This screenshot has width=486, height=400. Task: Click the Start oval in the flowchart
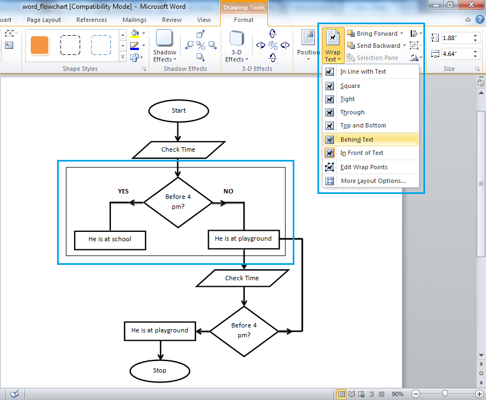point(178,110)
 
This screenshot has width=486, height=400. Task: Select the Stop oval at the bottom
point(159,370)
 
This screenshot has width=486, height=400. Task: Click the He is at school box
point(110,239)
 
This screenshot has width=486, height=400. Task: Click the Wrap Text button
point(333,46)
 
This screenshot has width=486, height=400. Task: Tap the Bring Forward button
point(376,34)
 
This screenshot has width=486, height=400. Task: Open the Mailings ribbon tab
point(135,20)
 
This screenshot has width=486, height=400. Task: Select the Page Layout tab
point(44,20)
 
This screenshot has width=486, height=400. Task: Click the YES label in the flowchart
point(124,191)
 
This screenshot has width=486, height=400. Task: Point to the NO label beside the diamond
point(228,191)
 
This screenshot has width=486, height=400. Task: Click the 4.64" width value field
point(456,54)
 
